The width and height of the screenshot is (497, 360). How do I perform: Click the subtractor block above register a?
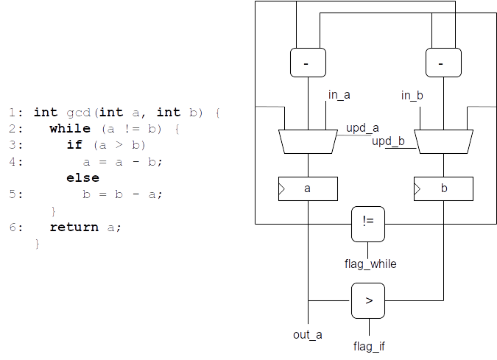point(308,63)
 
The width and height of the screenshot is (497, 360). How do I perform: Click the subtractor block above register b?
point(443,63)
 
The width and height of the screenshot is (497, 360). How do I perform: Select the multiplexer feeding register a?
point(308,141)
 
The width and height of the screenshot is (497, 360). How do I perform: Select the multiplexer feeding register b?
point(443,141)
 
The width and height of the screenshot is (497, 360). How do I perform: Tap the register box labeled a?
point(308,189)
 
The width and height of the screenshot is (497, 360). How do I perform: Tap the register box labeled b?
point(443,189)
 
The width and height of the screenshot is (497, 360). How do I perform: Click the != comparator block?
point(368,224)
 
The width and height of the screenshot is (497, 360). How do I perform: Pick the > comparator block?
point(368,301)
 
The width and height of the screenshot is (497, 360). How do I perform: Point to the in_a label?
point(339,95)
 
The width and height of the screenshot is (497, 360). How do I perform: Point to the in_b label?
point(412,95)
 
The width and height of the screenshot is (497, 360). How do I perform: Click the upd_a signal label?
point(362,128)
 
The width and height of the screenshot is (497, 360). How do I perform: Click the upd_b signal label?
point(388,141)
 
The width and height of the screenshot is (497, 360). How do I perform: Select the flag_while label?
point(370,264)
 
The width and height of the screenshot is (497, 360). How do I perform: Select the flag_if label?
point(369,346)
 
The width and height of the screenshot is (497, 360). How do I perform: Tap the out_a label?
point(308,335)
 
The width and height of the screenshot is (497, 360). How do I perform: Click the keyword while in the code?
point(70,129)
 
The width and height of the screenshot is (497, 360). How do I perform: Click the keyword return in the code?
point(74,227)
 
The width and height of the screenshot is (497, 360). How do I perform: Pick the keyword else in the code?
point(82,177)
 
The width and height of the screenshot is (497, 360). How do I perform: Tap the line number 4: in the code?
point(16,162)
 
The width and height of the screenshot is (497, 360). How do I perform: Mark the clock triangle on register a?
point(281,189)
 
